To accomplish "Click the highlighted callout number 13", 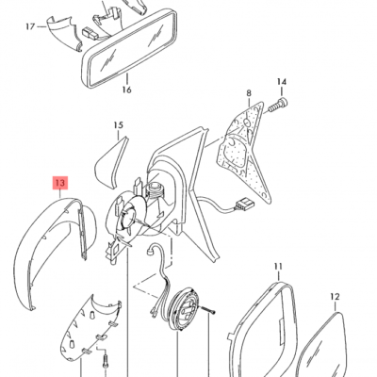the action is tap(60, 183).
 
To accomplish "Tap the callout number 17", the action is tap(30, 26).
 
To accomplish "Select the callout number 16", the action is tap(126, 90).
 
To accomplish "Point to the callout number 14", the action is tap(282, 82).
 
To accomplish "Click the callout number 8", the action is tap(249, 93).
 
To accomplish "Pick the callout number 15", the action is tap(118, 125).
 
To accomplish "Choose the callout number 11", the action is tap(278, 267).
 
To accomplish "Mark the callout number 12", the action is tap(335, 297).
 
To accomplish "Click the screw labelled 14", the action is tap(278, 105).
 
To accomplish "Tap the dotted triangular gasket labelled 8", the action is tap(243, 148).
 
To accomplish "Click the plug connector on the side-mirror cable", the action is tap(243, 205).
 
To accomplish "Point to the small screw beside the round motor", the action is tap(207, 309).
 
